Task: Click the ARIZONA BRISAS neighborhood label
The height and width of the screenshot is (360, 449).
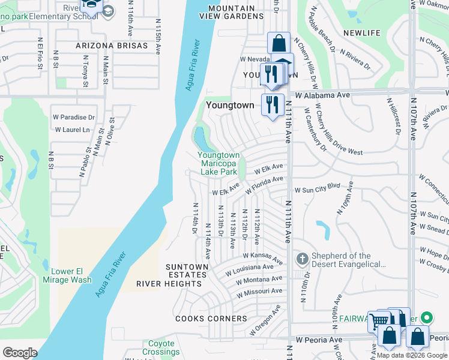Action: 112,46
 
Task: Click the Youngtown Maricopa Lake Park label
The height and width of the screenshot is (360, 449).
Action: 218,163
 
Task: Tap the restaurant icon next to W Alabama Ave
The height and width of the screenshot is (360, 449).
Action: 272,104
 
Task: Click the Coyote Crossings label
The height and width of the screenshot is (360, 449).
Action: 161,348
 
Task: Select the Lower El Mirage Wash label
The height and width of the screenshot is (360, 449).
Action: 67,275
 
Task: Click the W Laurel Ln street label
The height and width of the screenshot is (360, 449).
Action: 72,130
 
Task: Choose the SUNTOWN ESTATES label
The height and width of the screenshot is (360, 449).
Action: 188,271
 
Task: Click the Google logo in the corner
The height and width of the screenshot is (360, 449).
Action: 20,353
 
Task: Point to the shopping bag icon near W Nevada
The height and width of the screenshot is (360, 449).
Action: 279,43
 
